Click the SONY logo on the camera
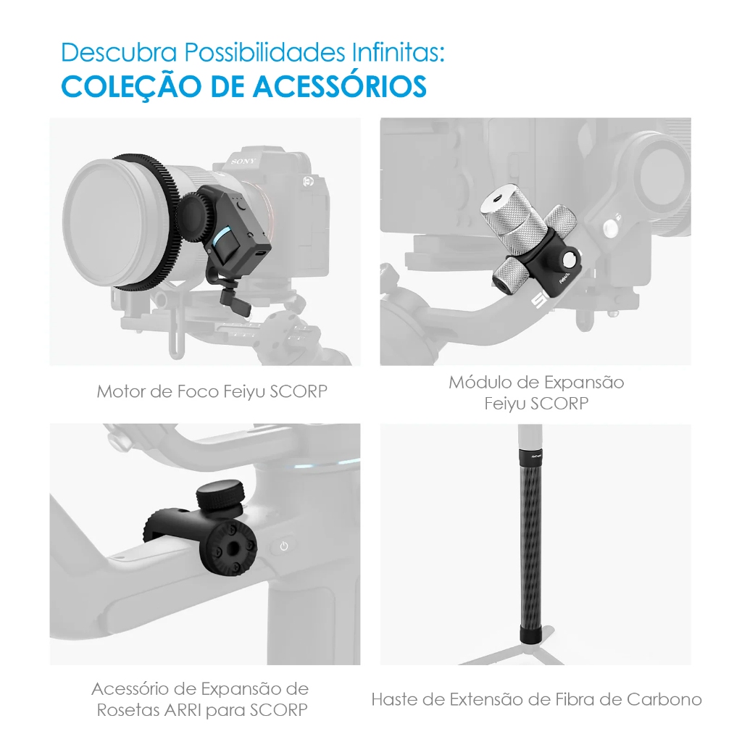click(x=243, y=162)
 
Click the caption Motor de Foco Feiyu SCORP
click(x=212, y=391)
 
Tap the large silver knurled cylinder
click(x=507, y=222)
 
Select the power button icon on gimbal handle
click(x=284, y=546)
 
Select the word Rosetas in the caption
click(x=125, y=710)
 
